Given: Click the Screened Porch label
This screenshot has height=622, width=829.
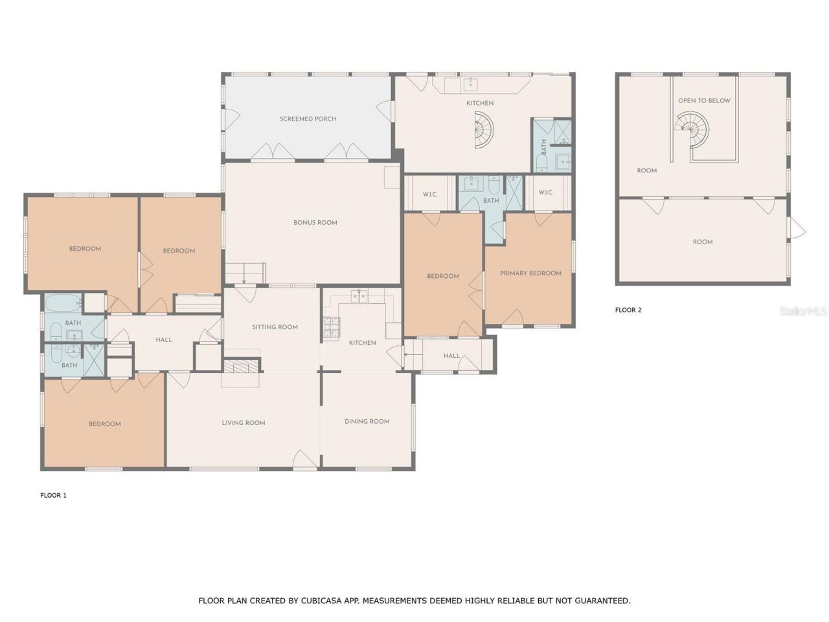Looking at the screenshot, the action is [308, 119].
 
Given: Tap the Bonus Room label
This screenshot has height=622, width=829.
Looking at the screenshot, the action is [315, 223].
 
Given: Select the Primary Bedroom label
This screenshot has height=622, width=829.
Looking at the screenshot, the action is [530, 273].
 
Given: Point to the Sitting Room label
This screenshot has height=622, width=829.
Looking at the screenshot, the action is [275, 327].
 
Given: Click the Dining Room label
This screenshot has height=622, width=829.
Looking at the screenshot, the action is [367, 421].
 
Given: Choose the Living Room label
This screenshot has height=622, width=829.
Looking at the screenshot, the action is [244, 423].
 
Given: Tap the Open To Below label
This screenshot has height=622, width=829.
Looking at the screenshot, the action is [704, 101].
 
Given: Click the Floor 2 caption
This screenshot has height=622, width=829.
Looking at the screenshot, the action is [628, 310].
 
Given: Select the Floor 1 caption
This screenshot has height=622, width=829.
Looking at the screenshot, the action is [53, 496].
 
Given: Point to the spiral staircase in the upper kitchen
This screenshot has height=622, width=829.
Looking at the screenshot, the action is [484, 130].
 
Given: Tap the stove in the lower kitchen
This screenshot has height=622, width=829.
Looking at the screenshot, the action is [331, 327].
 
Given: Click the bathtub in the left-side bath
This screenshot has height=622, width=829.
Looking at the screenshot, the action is [63, 303].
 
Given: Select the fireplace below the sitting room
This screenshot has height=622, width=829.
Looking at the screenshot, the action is [242, 366].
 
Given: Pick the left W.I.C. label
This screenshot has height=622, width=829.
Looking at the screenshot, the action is [430, 194].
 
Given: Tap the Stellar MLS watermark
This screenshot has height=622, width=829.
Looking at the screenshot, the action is [803, 311].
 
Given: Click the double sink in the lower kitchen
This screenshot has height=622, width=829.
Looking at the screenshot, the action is [359, 297].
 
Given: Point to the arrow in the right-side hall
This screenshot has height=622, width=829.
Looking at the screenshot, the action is [413, 354].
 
